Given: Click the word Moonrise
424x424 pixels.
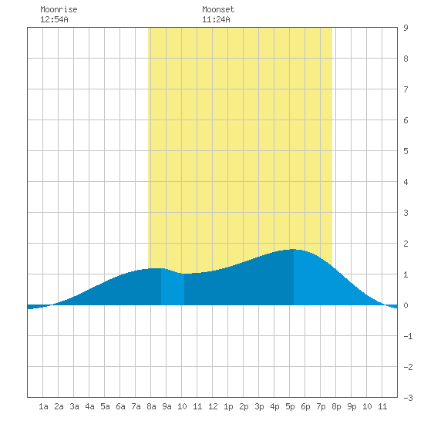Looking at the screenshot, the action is [x=59, y=9].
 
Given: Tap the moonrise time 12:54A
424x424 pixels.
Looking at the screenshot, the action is [x=54, y=19].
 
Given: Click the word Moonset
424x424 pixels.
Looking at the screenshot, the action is [x=218, y=9].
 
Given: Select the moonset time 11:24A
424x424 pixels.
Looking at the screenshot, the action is [x=216, y=19].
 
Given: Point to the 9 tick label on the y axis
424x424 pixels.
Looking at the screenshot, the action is [x=405, y=28].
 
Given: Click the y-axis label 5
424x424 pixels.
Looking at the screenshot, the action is [x=405, y=151].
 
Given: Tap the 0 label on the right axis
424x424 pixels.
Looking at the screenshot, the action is [x=405, y=305].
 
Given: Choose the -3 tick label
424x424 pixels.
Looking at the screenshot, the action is [x=408, y=398].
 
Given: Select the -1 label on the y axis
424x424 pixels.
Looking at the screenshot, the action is [x=408, y=336].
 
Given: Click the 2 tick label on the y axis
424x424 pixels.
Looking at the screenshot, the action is [x=405, y=244].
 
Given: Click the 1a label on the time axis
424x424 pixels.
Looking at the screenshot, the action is [x=43, y=406].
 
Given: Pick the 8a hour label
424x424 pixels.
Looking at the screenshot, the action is [x=151, y=406].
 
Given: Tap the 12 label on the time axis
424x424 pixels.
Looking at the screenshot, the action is [x=213, y=406].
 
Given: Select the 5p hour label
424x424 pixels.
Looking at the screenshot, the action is [x=290, y=406].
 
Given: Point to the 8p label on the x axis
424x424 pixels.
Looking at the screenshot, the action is [x=336, y=406].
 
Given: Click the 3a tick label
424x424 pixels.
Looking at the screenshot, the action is [x=74, y=406].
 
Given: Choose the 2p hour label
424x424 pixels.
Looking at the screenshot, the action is [x=244, y=406].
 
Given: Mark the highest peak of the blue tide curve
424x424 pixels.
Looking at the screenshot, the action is [x=294, y=249].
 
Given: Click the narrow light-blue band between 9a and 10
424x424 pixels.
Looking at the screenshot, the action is [x=173, y=288].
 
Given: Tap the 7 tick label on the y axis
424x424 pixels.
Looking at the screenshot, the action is [x=405, y=89].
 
